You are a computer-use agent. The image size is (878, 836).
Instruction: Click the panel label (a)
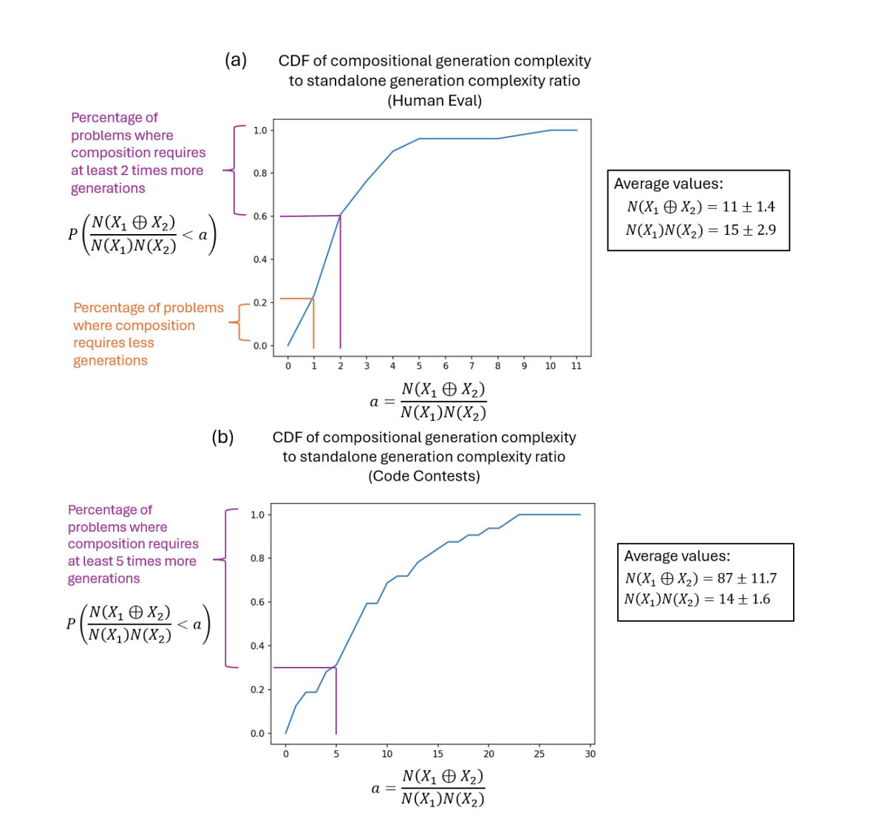tap(236, 61)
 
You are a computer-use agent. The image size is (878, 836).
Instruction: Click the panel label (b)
tap(222, 437)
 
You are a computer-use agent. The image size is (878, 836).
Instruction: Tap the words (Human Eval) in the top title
tap(435, 100)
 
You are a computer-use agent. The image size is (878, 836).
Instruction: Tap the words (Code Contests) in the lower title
tap(424, 476)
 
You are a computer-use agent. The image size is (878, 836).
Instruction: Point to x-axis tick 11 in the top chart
tap(576, 366)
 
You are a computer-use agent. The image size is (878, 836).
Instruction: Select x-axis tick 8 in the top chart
tap(497, 366)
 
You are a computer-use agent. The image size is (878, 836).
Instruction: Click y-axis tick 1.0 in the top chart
tap(260, 131)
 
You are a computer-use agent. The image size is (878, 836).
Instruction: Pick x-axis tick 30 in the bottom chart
tap(590, 754)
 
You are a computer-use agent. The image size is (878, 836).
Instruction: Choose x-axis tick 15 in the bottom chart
tap(438, 754)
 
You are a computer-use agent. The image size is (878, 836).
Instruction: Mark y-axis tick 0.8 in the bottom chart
tap(256, 558)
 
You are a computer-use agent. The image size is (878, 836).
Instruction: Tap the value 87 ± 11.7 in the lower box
tap(747, 579)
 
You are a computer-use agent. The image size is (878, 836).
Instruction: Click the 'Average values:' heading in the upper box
tap(668, 184)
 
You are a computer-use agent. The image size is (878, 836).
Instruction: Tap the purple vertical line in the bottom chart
tap(336, 702)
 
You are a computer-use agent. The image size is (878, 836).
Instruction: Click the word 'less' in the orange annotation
tap(140, 343)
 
